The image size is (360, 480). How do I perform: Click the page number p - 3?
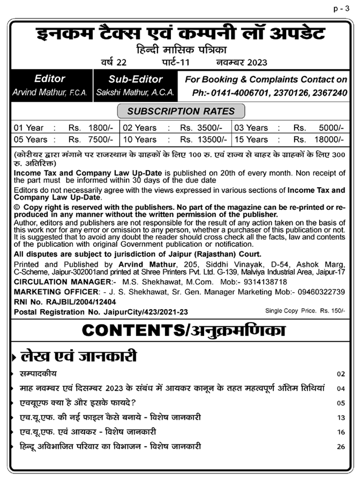[x=344, y=8]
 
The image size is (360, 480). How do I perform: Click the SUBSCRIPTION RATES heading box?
[x=180, y=111]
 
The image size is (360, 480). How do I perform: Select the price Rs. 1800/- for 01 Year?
[x=91, y=128]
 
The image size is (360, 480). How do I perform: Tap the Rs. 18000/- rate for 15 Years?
[x=319, y=140]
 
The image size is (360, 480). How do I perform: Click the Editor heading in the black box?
[x=49, y=79]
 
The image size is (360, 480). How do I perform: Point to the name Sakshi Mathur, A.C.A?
[x=135, y=93]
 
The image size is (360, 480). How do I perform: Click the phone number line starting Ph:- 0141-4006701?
[x=269, y=93]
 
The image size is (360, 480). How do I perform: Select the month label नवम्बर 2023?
[x=241, y=62]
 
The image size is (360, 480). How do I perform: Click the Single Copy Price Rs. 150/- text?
[x=305, y=311]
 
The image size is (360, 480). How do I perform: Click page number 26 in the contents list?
[x=341, y=447]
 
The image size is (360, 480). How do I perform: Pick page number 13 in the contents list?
[x=341, y=418]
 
